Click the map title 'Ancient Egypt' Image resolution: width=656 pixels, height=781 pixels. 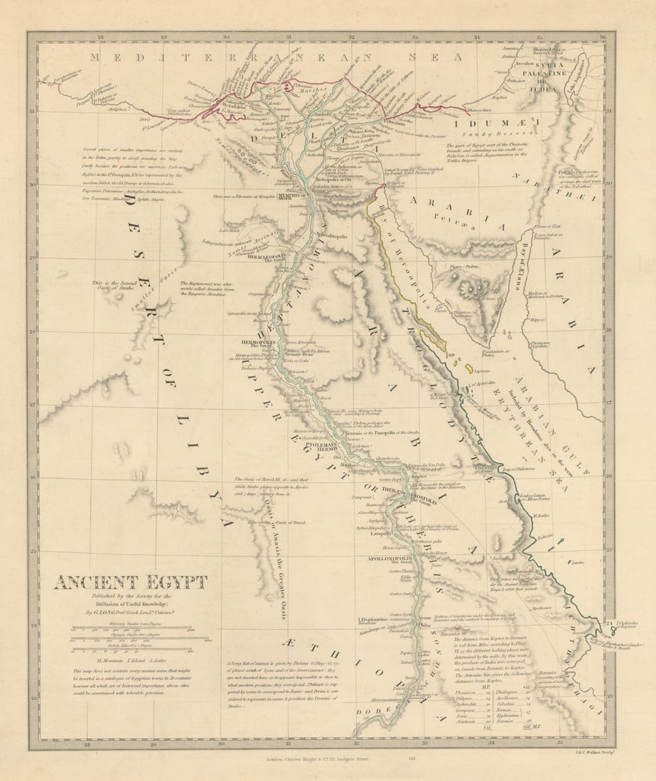click(131, 582)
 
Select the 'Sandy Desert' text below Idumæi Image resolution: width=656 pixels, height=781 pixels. click(505, 133)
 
